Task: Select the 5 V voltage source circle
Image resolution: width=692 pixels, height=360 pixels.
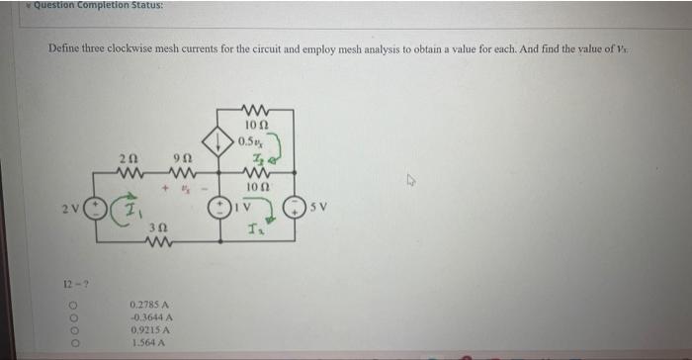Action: pos(293,210)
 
